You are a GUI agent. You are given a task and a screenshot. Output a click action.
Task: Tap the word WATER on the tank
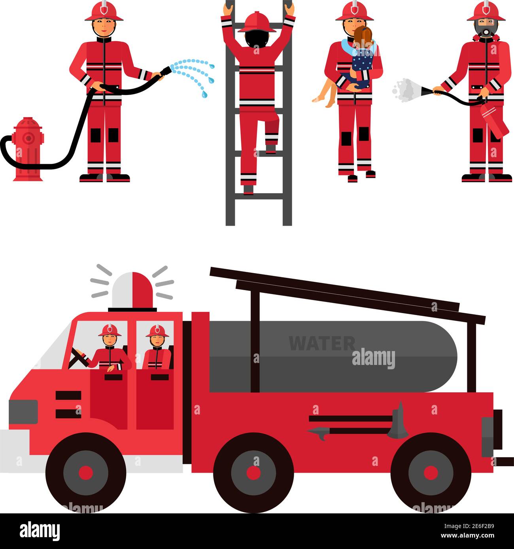321,343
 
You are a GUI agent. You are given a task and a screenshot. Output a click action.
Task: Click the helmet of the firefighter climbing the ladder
257,22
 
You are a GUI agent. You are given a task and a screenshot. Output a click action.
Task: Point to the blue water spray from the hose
194,73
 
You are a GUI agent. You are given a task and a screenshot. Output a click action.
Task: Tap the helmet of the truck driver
110,330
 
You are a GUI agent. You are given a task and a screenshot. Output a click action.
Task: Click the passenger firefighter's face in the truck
157,340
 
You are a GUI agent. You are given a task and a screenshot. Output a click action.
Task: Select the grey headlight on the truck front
23,412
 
